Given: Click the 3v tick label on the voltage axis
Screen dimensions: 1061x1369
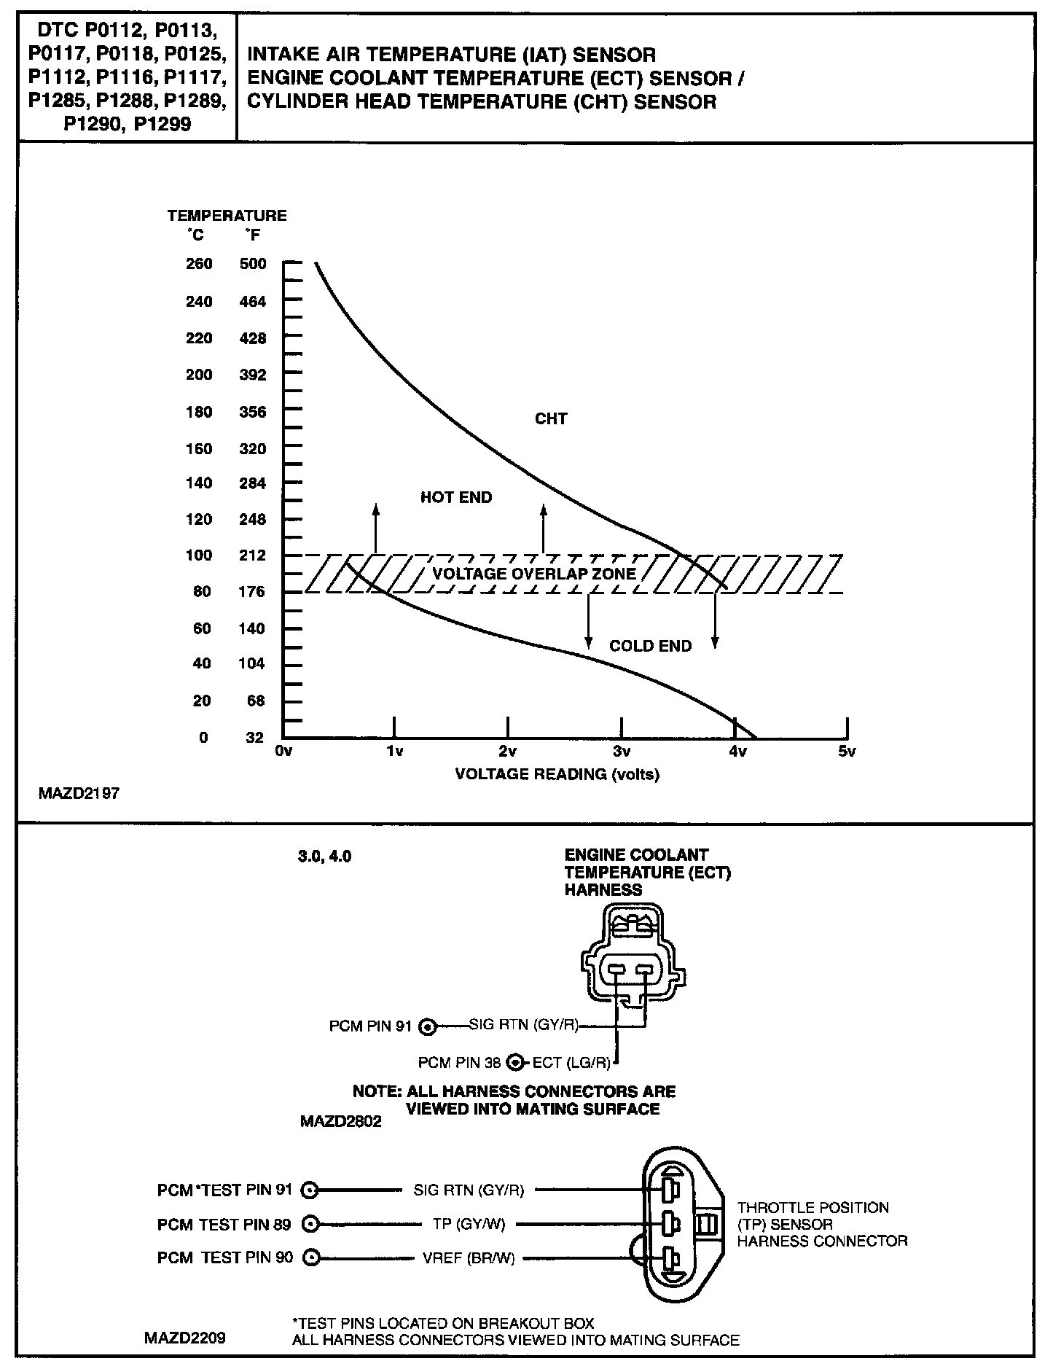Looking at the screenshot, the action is pyautogui.click(x=621, y=752).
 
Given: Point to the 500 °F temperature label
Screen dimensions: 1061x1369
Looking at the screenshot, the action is pyautogui.click(x=253, y=264).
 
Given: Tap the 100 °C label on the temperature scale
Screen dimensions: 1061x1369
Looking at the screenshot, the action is pyautogui.click(x=199, y=555).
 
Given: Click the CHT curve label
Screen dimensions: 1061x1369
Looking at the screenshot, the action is pyautogui.click(x=551, y=419).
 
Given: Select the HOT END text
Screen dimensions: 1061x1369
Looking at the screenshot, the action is pyautogui.click(x=456, y=498).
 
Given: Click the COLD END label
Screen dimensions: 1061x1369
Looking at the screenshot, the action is pyautogui.click(x=650, y=647).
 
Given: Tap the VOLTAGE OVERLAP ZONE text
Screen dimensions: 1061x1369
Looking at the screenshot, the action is pyautogui.click(x=534, y=574).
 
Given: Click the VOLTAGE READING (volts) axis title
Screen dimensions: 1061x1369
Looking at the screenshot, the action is pyautogui.click(x=557, y=774).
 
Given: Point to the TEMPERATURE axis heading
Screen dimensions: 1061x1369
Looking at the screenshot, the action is pyautogui.click(x=227, y=216).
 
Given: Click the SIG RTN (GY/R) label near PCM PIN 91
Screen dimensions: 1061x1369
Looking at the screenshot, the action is pyautogui.click(x=523, y=1026).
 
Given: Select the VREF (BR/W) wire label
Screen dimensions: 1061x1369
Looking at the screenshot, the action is pyautogui.click(x=469, y=1258).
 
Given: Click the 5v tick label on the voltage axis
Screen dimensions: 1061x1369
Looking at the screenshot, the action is pyautogui.click(x=846, y=752).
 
